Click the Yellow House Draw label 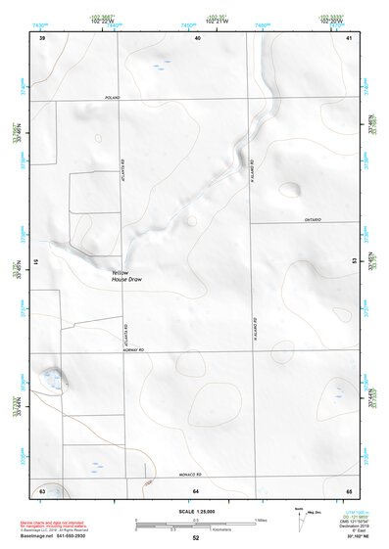click(127, 277)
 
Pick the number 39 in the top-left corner click(42, 37)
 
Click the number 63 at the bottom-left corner click(42, 489)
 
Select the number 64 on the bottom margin click(196, 489)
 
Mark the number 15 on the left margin click(34, 262)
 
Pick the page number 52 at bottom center click(195, 538)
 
